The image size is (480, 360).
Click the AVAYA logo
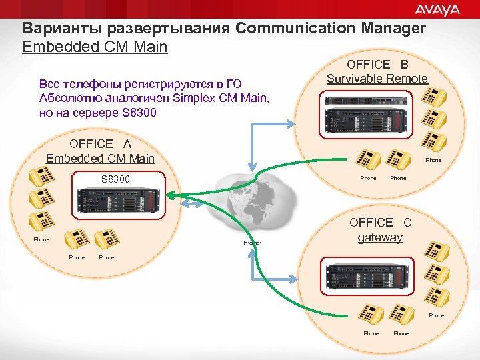[x=437, y=9]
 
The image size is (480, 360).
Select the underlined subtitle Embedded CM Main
[x=95, y=47]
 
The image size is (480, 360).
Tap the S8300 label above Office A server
[x=116, y=179]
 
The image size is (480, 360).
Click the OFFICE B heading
[x=377, y=64]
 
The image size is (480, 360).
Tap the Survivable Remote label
[x=377, y=79]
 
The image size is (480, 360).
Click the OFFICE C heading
[x=381, y=223]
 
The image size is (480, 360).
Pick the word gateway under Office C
[x=380, y=237]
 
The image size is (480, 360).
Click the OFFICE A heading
[x=100, y=143]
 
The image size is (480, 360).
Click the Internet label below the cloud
[x=253, y=243]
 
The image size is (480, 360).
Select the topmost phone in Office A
[x=39, y=176]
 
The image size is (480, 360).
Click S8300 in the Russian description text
[x=140, y=112]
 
